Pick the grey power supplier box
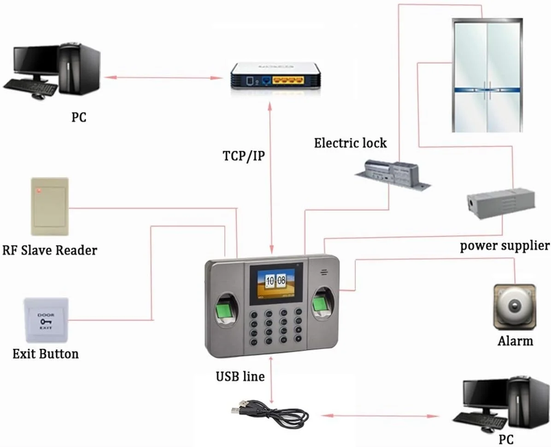(501, 203)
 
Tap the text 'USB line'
(240, 377)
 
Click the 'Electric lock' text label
(350, 143)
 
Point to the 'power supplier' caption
(505, 245)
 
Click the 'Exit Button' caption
(45, 354)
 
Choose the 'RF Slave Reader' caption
(50, 250)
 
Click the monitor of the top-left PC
(35, 63)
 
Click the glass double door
(487, 76)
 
